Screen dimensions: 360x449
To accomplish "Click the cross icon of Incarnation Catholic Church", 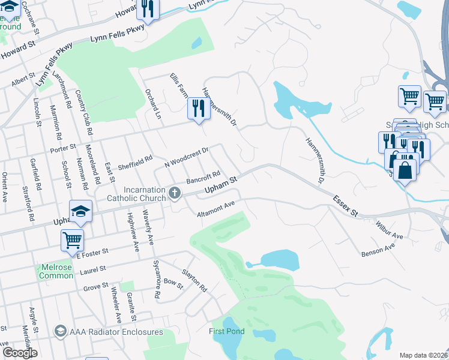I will tap(175, 193).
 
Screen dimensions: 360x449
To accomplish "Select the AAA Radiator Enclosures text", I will tap(116, 332).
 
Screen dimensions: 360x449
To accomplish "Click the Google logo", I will tap(20, 353).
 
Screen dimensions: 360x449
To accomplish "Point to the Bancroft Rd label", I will tap(203, 178).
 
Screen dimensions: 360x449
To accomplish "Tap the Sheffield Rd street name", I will tap(135, 163).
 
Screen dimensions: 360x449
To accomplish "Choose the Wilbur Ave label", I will tap(390, 232).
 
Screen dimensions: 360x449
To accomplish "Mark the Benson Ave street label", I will tap(378, 250).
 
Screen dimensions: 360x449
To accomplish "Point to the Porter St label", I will tap(64, 148).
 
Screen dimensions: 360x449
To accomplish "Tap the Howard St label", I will tap(18, 47).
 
